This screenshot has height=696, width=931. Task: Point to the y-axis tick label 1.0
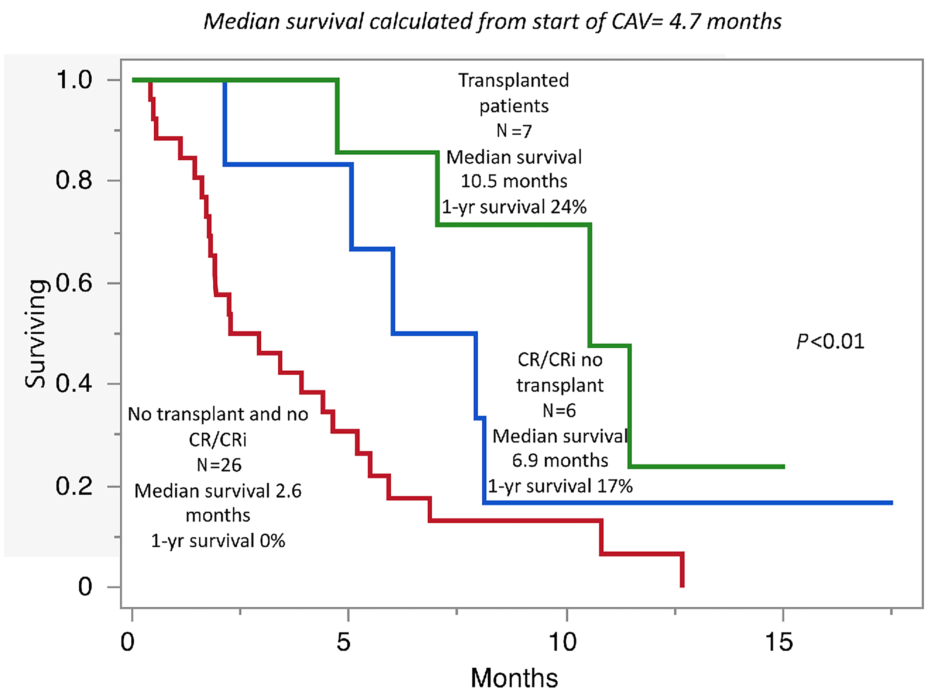click(74, 80)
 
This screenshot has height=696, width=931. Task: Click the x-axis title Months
click(514, 678)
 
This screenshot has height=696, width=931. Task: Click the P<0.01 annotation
click(830, 341)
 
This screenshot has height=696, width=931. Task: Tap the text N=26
click(219, 465)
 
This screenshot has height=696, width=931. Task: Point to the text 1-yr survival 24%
click(514, 207)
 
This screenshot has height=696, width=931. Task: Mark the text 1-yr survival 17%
click(560, 486)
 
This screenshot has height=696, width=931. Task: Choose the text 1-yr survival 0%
click(218, 541)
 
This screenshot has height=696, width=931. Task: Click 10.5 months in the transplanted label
click(514, 181)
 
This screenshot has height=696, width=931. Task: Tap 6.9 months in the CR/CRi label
click(560, 461)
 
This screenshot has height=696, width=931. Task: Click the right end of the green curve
click(784, 466)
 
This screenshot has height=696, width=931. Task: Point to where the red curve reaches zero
click(682, 586)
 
